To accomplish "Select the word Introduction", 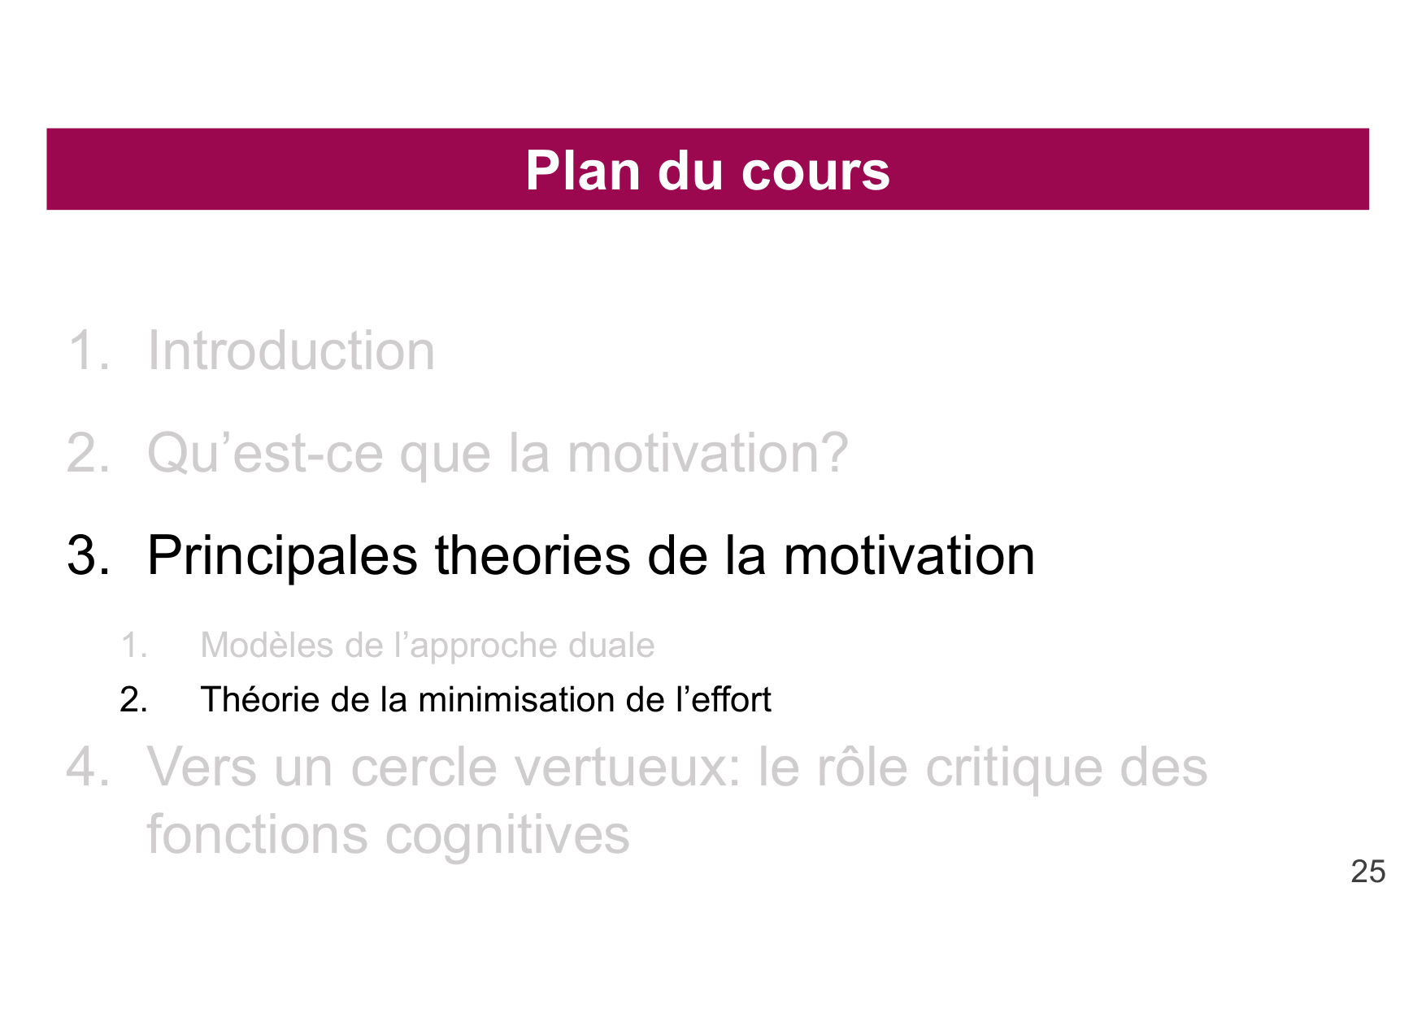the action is point(291,351).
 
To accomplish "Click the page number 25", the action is point(1368,872).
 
